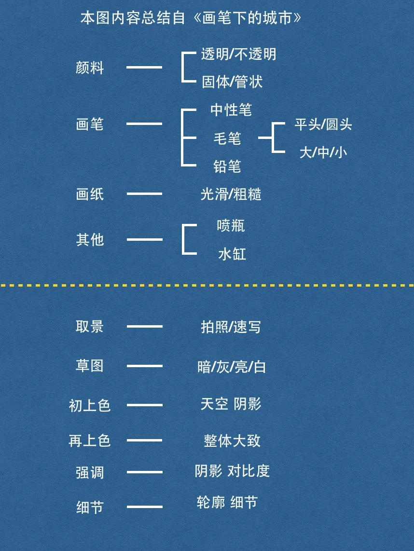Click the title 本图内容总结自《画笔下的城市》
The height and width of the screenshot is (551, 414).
(x=191, y=18)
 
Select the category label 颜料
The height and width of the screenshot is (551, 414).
(x=90, y=68)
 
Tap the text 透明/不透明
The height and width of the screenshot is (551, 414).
(x=238, y=54)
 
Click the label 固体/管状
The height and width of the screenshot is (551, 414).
(x=232, y=82)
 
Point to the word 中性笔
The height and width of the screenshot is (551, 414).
(x=231, y=110)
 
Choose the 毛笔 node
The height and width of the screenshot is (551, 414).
(x=227, y=138)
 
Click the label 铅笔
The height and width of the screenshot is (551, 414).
(x=227, y=166)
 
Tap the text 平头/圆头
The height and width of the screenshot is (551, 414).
(x=323, y=124)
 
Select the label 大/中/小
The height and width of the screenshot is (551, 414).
(x=323, y=152)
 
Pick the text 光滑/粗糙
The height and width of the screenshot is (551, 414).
(x=231, y=194)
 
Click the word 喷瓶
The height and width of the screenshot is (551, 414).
(x=231, y=225)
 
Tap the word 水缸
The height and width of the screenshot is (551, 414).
(x=232, y=254)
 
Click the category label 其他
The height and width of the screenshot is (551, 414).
(x=90, y=239)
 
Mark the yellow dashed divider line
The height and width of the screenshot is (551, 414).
(x=207, y=285)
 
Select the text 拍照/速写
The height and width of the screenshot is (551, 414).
(x=231, y=327)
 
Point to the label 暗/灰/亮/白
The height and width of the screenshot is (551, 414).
(x=232, y=367)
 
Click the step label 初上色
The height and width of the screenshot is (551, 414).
(x=90, y=405)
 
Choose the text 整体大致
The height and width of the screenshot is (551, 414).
(x=232, y=441)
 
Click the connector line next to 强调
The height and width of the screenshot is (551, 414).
(x=144, y=472)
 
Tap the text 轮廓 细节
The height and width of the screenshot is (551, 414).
(x=227, y=502)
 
